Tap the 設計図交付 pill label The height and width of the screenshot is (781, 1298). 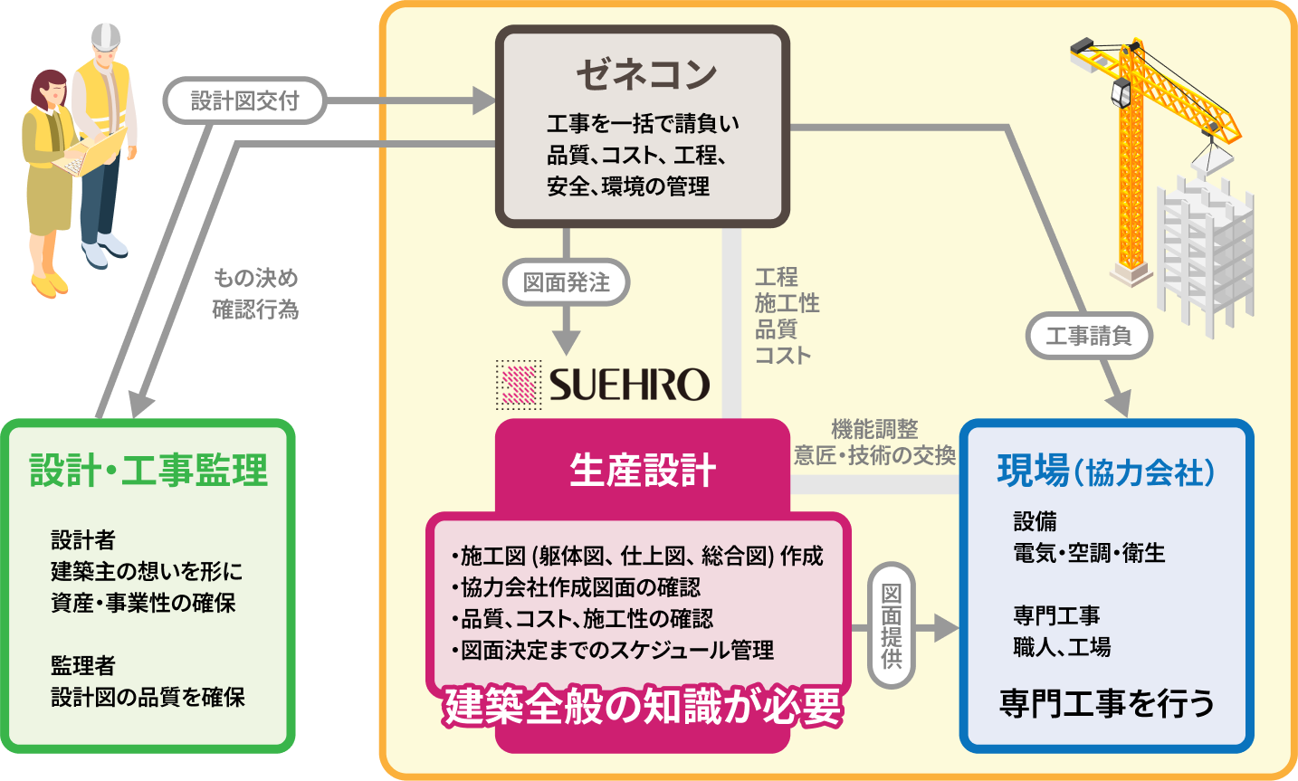(244, 100)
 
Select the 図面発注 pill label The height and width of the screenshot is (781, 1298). (566, 283)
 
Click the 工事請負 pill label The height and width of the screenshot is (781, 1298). (1088, 337)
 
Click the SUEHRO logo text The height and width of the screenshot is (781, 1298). (629, 385)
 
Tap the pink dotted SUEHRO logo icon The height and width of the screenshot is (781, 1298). (519, 385)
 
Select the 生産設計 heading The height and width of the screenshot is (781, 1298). (643, 471)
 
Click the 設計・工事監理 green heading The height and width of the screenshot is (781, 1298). (149, 471)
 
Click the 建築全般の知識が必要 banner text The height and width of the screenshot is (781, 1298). (643, 707)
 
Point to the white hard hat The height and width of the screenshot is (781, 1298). (105, 37)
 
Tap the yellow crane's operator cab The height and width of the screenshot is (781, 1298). (1121, 92)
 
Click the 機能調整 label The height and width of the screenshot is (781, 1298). (874, 429)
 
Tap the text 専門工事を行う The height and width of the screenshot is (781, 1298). (1106, 703)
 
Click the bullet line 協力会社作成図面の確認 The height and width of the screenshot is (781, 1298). (577, 587)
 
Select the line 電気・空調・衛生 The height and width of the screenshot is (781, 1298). (1089, 553)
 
